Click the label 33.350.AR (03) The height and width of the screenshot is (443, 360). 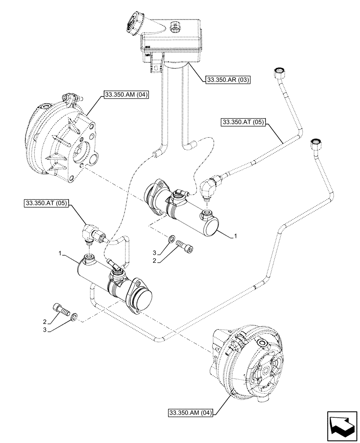tap(228, 80)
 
